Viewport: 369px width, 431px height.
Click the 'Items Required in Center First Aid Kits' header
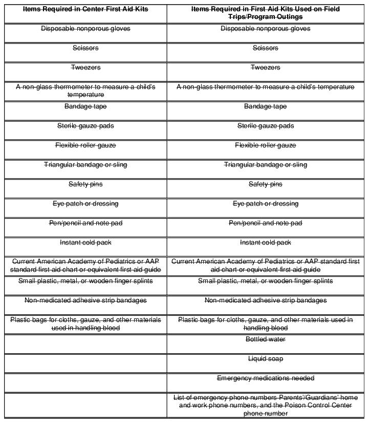[x=85, y=9]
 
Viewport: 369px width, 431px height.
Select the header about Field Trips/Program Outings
[x=265, y=13]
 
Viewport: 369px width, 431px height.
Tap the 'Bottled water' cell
[x=265, y=339]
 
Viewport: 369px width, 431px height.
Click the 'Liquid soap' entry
[x=265, y=359]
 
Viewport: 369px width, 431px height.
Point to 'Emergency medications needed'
[x=265, y=378]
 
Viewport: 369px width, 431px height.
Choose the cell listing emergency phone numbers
[x=265, y=405]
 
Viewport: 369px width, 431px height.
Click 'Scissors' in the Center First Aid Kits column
[x=85, y=48]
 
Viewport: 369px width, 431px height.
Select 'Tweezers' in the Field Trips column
[x=265, y=68]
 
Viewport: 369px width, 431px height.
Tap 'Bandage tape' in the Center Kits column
[x=85, y=106]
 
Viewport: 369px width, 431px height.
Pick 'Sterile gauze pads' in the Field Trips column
[x=265, y=126]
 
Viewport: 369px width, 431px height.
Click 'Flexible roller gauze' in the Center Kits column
[x=85, y=145]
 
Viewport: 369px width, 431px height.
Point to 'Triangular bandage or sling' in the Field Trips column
[x=265, y=165]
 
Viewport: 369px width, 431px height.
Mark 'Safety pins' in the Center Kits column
[x=85, y=184]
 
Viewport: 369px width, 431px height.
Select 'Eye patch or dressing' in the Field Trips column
[x=265, y=204]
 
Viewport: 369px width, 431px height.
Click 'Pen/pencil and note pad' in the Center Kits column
[x=85, y=223]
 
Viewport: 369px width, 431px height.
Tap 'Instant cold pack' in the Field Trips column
[x=265, y=243]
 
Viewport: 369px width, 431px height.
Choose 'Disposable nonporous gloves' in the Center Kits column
[x=85, y=29]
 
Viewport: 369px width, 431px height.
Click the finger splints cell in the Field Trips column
[x=265, y=281]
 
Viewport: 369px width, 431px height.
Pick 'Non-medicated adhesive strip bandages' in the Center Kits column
[x=85, y=300]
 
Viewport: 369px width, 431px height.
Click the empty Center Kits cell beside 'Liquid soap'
[x=85, y=363]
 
